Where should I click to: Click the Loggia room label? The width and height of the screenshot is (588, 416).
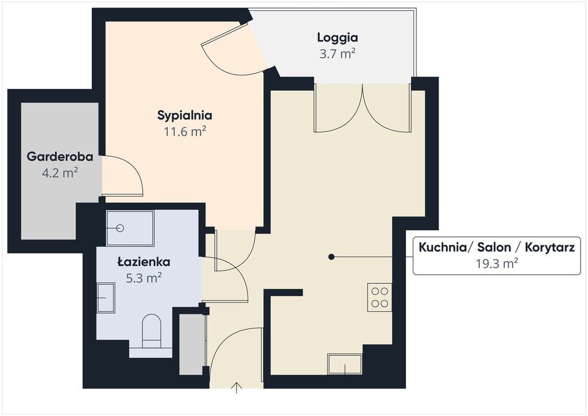338,37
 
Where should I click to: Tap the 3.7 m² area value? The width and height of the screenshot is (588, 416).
338,54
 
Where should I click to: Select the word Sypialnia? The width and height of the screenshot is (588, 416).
185,115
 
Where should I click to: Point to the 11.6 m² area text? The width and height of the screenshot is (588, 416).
185,132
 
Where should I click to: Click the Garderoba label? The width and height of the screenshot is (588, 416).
60,156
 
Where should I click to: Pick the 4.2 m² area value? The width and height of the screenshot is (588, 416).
60,173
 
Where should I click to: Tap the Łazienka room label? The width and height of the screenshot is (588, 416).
144,261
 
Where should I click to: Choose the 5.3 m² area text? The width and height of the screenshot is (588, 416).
144,278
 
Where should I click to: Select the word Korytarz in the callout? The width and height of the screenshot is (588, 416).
550,248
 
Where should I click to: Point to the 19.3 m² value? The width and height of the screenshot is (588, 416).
497,264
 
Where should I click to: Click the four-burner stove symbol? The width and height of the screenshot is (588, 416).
380,297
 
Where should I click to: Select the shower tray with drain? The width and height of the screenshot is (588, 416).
130,228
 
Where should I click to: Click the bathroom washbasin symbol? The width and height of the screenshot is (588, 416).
106,298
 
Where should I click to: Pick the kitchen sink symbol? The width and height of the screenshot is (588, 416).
345,364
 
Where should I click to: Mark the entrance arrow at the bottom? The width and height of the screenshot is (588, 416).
237,388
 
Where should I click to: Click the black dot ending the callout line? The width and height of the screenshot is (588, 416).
331,257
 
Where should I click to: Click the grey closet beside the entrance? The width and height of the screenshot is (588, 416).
192,344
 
